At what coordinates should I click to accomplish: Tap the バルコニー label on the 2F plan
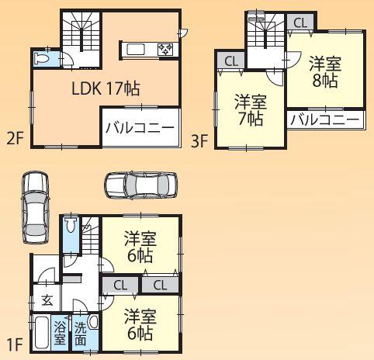[139, 129]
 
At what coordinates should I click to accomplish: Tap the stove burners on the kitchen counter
[165, 50]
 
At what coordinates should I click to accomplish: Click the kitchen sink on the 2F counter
[137, 50]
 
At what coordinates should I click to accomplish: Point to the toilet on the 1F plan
[71, 227]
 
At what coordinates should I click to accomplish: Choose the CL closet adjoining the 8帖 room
[300, 22]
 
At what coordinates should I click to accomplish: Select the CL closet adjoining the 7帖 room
[230, 61]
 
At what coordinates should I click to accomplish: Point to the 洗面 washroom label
[81, 333]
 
